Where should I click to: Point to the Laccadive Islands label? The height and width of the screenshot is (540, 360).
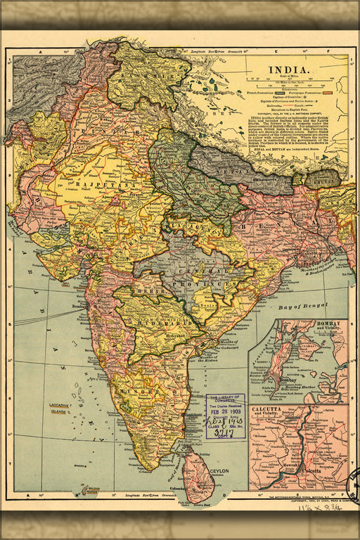pyautogui.click(x=58, y=409)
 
